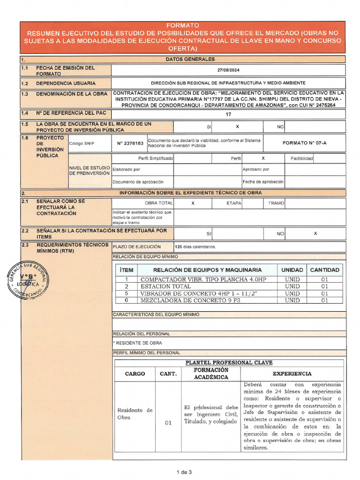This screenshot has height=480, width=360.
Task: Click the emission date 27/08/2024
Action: click(228, 69)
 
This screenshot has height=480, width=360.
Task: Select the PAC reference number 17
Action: click(228, 114)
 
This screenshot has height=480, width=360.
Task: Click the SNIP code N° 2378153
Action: click(129, 143)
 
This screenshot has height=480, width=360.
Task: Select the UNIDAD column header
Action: click(292, 270)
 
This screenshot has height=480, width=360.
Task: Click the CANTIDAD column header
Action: click(324, 270)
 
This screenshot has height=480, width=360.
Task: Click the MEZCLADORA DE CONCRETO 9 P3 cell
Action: click(190, 300)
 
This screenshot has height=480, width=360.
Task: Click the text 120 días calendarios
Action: click(195, 247)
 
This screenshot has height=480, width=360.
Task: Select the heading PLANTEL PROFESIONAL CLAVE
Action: click(229, 363)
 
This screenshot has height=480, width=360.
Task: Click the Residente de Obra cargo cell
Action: click(135, 413)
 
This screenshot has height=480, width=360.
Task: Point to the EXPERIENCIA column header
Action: click(292, 374)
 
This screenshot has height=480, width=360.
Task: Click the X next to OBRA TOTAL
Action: click(193, 203)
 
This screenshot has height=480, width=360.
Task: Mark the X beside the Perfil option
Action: click(263, 158)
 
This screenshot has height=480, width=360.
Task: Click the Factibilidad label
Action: click(301, 158)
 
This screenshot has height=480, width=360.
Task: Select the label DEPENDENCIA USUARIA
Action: click(66, 83)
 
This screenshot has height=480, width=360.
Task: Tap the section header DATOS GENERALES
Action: click(190, 59)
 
